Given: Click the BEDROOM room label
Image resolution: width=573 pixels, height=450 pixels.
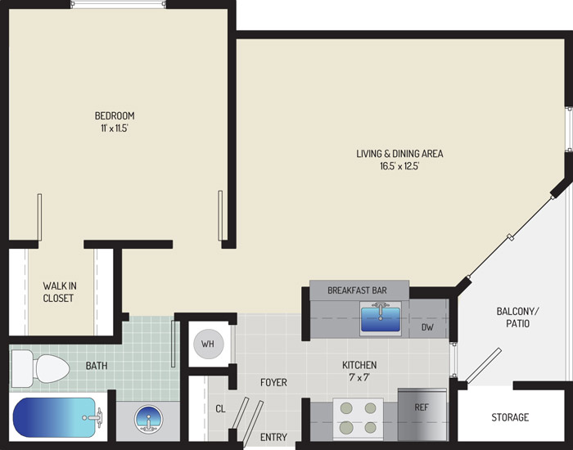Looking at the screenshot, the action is (115, 116).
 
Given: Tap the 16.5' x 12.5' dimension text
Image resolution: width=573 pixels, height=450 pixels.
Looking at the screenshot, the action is (399, 166).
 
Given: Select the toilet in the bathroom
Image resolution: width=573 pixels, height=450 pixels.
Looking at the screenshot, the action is (40, 368).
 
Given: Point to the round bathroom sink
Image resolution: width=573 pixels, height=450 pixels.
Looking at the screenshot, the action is (148, 419).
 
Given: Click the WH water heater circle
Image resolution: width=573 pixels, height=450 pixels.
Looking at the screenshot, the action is (208, 344).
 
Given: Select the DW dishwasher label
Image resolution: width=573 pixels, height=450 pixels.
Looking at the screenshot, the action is (427, 327).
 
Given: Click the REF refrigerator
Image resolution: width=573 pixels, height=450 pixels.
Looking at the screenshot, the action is (422, 415).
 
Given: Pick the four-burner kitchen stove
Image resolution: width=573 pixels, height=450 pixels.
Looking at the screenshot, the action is (359, 418).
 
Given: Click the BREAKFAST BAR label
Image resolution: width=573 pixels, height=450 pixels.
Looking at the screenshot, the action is (357, 290).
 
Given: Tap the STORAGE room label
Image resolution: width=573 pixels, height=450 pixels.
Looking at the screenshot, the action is (510, 417).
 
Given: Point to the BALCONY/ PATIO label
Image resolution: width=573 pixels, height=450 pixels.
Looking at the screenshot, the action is (517, 317).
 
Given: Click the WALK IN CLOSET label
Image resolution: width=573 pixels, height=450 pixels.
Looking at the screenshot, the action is (60, 292).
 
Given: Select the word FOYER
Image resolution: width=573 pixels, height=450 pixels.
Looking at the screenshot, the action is (273, 382).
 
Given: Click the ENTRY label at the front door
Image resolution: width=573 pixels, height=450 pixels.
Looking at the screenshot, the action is (273, 437).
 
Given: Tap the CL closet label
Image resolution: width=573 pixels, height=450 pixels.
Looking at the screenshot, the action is (220, 409).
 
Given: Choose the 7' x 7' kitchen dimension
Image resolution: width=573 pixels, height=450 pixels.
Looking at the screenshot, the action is (359, 377).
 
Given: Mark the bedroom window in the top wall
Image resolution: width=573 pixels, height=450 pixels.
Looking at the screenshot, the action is (118, 4).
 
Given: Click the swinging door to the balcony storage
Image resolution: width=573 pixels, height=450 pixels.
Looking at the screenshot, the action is (484, 366).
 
